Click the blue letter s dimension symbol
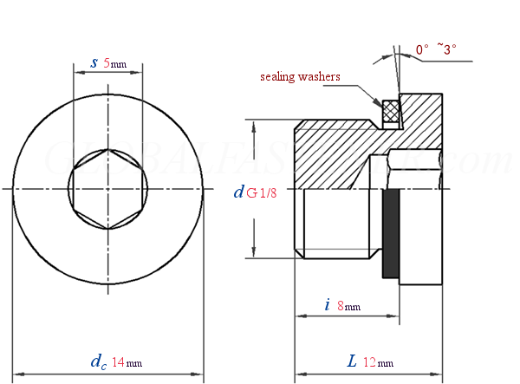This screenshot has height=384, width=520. (x=94, y=63)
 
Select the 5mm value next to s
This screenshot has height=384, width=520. (x=114, y=64)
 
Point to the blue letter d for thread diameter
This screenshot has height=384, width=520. (x=238, y=192)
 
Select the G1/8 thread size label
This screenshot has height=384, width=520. (x=262, y=193)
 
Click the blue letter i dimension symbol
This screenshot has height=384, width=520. (x=327, y=304)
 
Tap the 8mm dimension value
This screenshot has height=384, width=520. (x=348, y=306)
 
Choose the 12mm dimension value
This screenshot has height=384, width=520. (x=378, y=361)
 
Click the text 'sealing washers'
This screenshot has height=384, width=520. (x=300, y=77)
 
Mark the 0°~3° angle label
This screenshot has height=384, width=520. (x=435, y=49)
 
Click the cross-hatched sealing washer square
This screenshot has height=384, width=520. (x=391, y=112)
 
